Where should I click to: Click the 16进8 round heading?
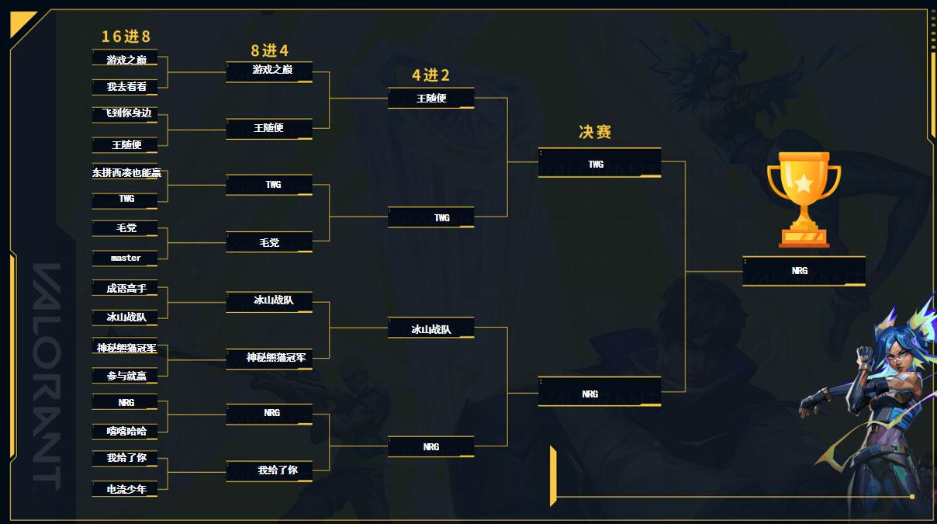coord(126,36)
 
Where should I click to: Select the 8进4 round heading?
coord(269,50)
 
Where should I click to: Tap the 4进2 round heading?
coord(430,75)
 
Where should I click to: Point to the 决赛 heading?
coord(595,132)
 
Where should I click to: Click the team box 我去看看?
coord(126,87)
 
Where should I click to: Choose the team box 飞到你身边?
coord(126,113)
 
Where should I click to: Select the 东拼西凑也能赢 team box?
coord(126,173)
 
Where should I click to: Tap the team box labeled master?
coord(126,258)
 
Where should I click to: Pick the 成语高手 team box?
coord(126,289)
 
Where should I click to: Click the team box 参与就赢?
coord(126,376)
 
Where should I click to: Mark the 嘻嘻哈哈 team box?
coord(126,431)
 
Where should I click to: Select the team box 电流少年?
coord(126,489)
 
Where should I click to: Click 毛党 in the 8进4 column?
coord(269,243)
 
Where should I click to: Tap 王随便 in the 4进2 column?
coord(431,99)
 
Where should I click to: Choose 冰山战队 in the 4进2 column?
coord(431,329)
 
